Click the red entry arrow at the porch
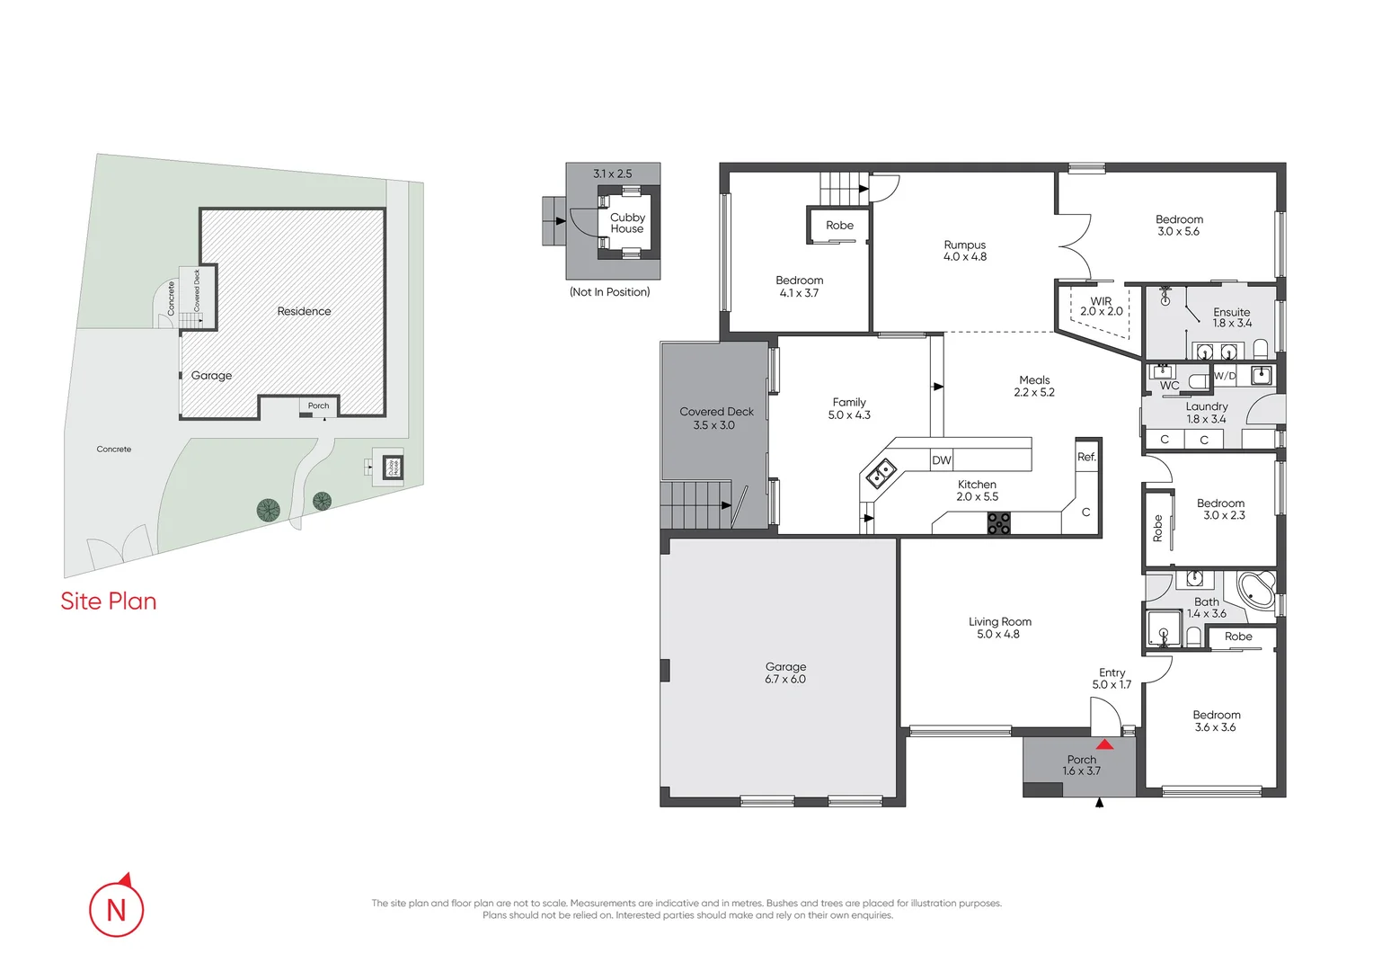point(1104,744)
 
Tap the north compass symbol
point(117,908)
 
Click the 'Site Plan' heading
point(109,601)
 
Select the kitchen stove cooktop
point(998,523)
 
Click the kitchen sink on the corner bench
point(880,472)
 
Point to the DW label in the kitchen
point(941,460)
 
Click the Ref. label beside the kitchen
point(1086,457)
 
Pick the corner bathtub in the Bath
point(1256,590)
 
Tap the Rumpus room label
point(965,251)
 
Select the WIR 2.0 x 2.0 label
point(1101,307)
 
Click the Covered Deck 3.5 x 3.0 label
point(715,418)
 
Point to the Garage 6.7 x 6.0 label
point(785,673)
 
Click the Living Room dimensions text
point(998,635)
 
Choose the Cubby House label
point(627,223)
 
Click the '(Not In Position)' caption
point(609,292)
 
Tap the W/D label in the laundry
point(1225,376)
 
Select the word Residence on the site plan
point(304,311)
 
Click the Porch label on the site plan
point(318,405)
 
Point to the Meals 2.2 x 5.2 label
point(1034,386)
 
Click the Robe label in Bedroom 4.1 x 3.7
point(839,226)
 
